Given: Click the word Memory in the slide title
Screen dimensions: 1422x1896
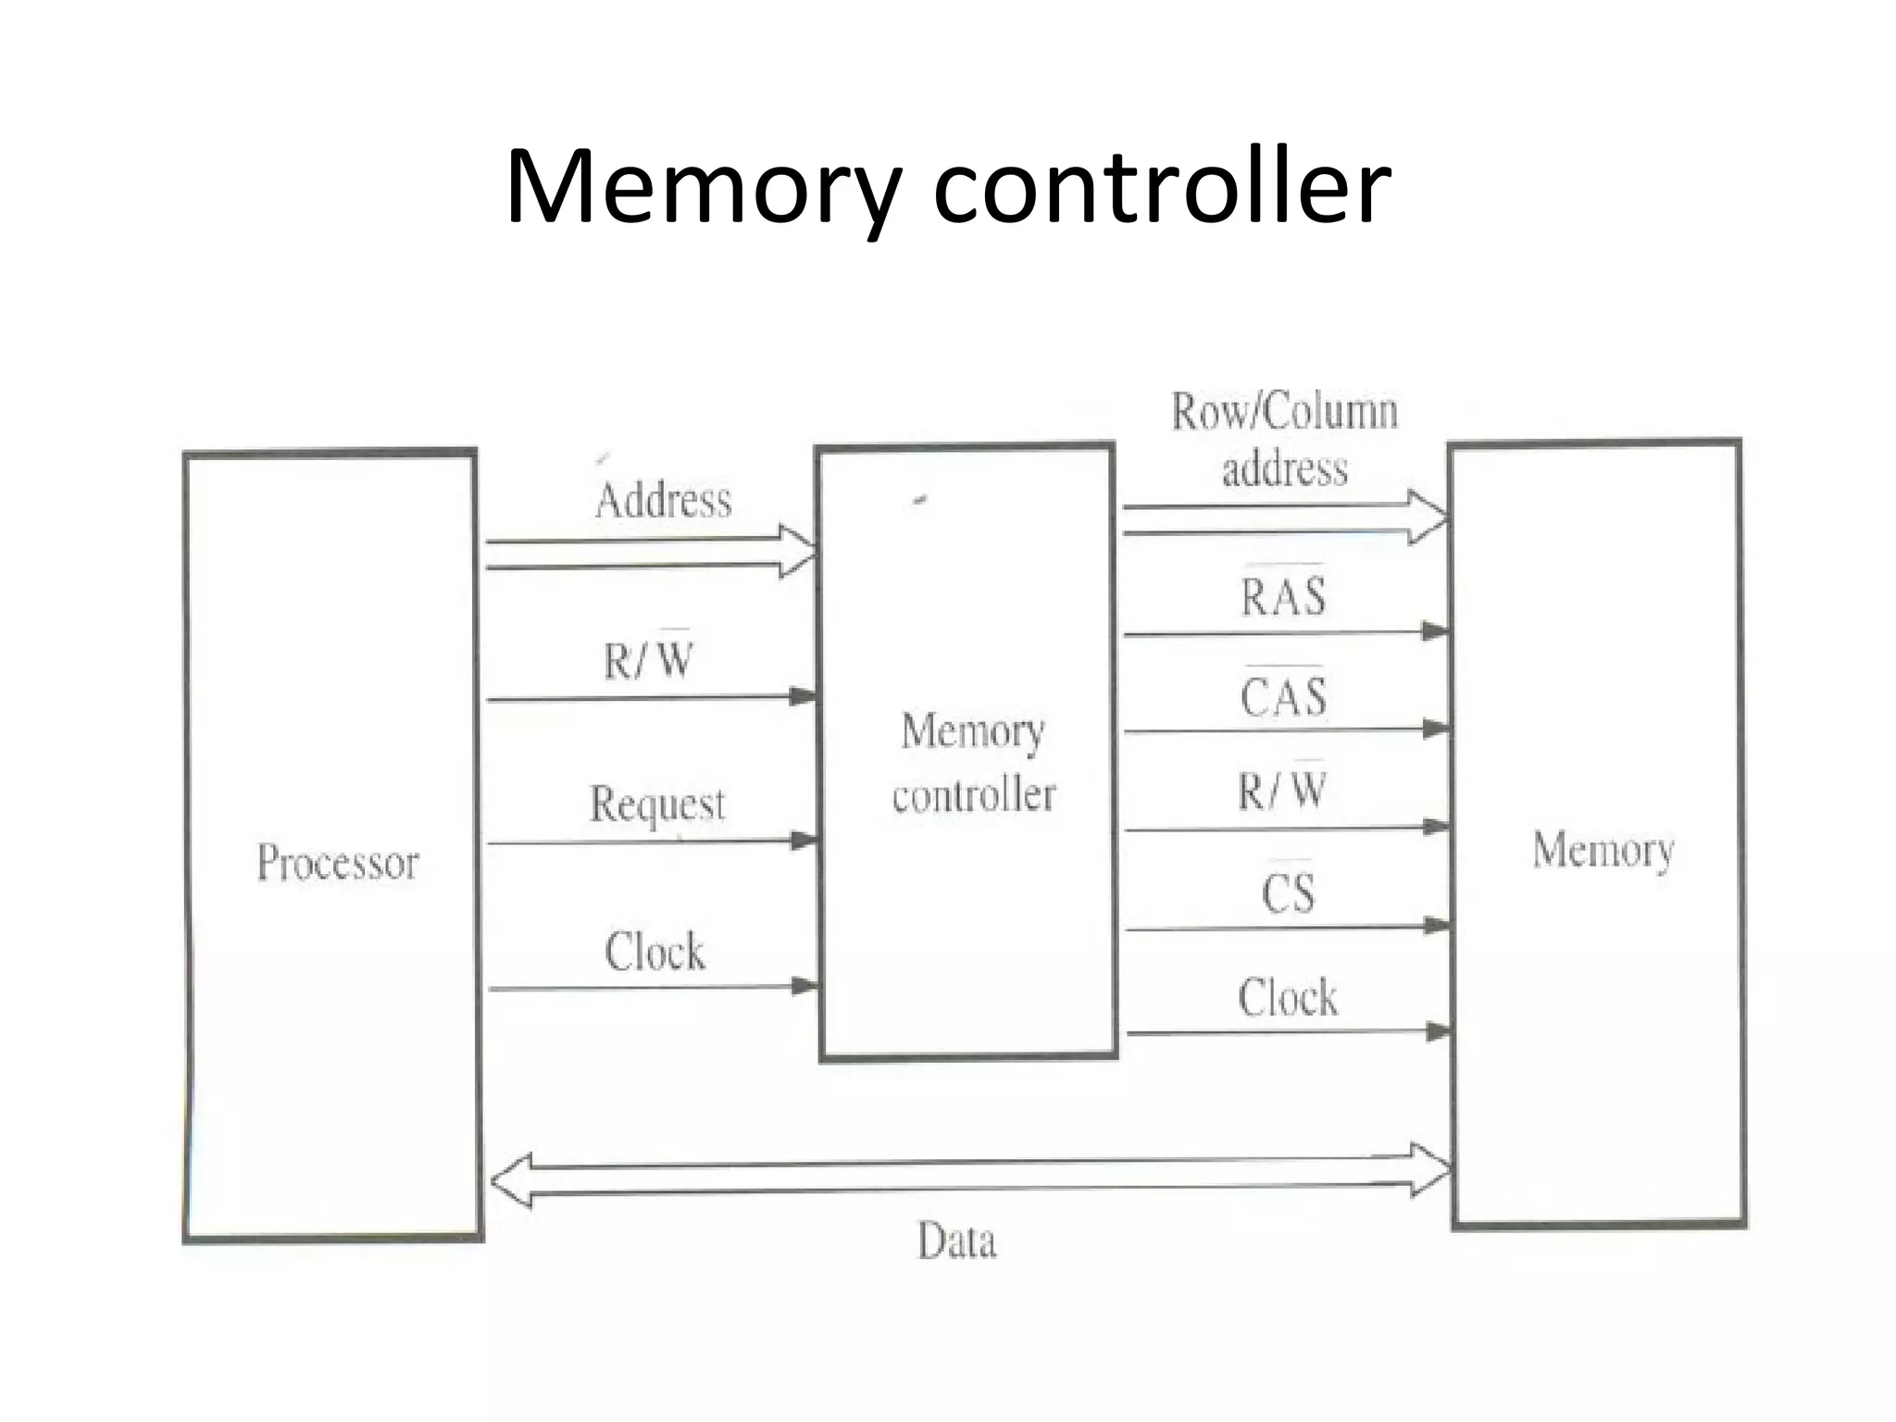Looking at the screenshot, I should [704, 188].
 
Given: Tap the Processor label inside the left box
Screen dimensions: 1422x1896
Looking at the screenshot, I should [338, 863].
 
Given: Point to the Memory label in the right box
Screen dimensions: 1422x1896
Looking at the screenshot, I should [1603, 850].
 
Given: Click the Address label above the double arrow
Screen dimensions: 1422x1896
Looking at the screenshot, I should [663, 501].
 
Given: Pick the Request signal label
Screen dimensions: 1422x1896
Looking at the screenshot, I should [657, 804].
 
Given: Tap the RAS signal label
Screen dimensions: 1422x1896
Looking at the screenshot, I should [1283, 596].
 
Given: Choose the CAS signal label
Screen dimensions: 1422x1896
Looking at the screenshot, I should [1283, 697].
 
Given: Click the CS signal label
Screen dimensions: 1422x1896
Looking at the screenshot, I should [1287, 893].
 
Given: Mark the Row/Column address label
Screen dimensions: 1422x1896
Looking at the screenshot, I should [1284, 440].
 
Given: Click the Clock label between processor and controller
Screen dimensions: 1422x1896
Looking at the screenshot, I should [655, 952].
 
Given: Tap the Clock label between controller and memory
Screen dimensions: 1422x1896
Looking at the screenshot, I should [1287, 998].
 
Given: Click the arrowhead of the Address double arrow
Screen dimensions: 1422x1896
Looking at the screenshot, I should [798, 552].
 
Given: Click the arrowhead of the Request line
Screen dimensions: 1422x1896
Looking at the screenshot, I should [804, 841].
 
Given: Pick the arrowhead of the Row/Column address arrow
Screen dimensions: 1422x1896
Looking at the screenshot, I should [1429, 518].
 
